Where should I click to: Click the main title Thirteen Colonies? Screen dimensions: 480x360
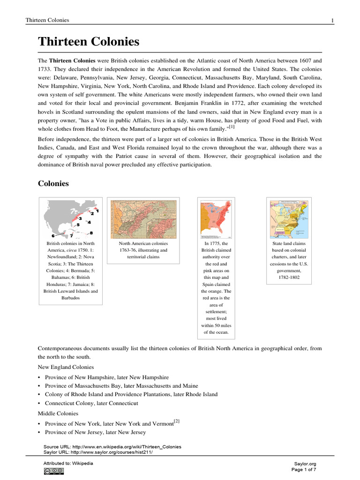89,42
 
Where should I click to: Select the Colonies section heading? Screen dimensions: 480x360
53,183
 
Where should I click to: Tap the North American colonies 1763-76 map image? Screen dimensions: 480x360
143,219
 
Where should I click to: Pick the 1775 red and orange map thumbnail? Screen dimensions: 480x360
216,219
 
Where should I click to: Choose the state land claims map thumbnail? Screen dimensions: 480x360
289,219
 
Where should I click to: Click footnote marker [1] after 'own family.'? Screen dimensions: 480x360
231,127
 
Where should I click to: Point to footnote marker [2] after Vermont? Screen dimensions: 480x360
177,421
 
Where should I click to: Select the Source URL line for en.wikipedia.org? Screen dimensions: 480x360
112,447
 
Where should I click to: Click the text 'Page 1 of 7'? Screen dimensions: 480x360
304,469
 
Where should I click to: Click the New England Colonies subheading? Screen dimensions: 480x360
66,367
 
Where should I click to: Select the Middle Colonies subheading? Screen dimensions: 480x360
58,413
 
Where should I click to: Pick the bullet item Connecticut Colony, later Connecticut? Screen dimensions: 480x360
91,403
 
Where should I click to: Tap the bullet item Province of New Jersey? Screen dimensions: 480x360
95,432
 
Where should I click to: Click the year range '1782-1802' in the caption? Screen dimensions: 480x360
289,277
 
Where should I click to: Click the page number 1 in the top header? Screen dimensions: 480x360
332,20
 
